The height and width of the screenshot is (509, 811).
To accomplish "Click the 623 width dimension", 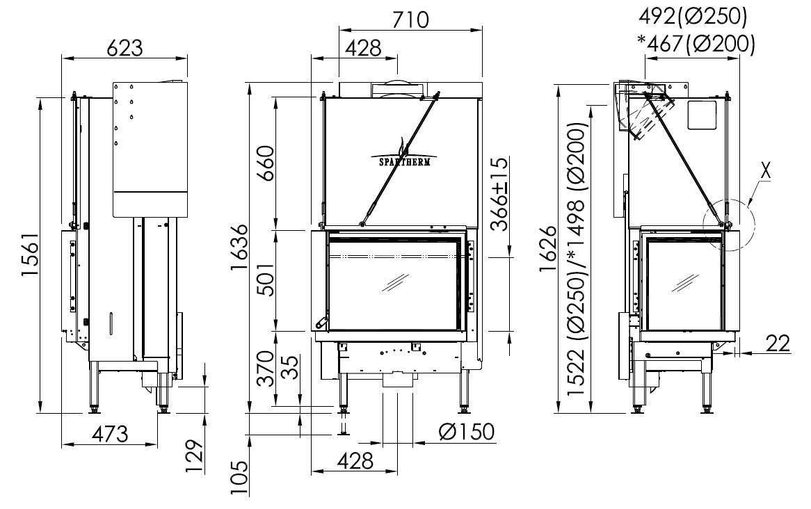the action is [x=125, y=47].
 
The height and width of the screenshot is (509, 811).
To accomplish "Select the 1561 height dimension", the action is [x=31, y=255].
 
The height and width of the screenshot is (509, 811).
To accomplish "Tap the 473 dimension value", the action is [x=110, y=433].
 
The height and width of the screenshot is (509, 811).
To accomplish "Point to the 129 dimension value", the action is [x=194, y=456].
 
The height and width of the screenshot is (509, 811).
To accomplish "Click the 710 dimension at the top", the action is [x=410, y=19].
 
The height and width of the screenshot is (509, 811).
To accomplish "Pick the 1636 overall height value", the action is [x=241, y=248].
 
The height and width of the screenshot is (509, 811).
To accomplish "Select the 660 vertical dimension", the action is [x=267, y=163].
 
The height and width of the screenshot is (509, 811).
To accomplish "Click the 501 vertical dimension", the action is [x=267, y=279].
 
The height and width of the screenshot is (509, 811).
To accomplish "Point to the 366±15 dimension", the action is [x=499, y=193].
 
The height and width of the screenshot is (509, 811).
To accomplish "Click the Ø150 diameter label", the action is [x=466, y=431].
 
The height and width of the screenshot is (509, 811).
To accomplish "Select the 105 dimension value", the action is [x=241, y=478].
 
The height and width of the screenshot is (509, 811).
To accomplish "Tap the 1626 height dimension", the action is [x=548, y=248].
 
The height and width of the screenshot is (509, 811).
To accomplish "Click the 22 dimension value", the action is [x=778, y=343].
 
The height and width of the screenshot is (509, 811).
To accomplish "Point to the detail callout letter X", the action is [x=765, y=171].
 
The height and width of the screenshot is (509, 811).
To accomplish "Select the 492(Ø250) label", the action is [x=693, y=17].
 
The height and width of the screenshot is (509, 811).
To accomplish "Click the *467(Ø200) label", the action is [x=696, y=44].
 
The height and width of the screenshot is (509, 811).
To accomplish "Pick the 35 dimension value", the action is [x=291, y=367].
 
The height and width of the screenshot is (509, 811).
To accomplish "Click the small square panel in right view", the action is [x=702, y=115].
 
